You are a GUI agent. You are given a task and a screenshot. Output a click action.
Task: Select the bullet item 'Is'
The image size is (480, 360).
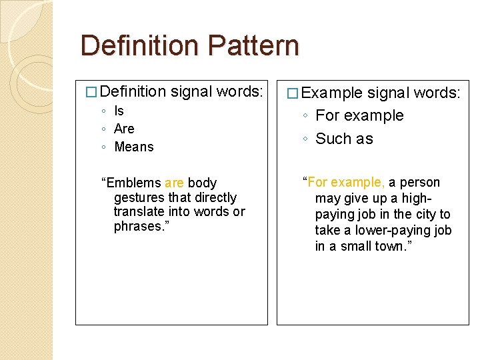[x=119, y=111]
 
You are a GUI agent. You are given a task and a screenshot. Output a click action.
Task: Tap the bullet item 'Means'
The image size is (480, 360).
[x=134, y=147]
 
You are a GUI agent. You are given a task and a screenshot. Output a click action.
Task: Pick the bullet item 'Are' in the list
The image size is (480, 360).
[x=124, y=129]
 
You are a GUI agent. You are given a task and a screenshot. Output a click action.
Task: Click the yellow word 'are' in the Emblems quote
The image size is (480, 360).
[x=174, y=183]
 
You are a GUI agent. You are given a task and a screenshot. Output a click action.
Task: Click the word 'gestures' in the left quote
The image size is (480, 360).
[x=139, y=197]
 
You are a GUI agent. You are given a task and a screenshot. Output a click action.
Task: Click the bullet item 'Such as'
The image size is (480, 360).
[x=344, y=139]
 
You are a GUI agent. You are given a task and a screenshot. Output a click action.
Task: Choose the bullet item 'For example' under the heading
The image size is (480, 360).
[x=359, y=115]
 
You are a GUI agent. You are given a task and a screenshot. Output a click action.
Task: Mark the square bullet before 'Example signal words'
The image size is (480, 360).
[x=291, y=93]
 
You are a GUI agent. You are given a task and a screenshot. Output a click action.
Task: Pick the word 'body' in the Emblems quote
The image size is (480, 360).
[x=202, y=183]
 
